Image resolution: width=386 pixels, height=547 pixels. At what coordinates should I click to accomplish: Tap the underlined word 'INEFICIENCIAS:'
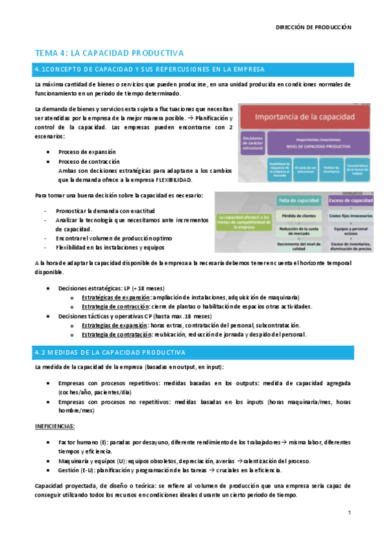tap(55, 426)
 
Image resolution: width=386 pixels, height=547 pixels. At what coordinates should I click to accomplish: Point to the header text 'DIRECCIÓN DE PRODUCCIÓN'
tap(314, 28)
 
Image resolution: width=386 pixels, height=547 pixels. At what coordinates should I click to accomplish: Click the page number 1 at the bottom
tap(349, 513)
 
